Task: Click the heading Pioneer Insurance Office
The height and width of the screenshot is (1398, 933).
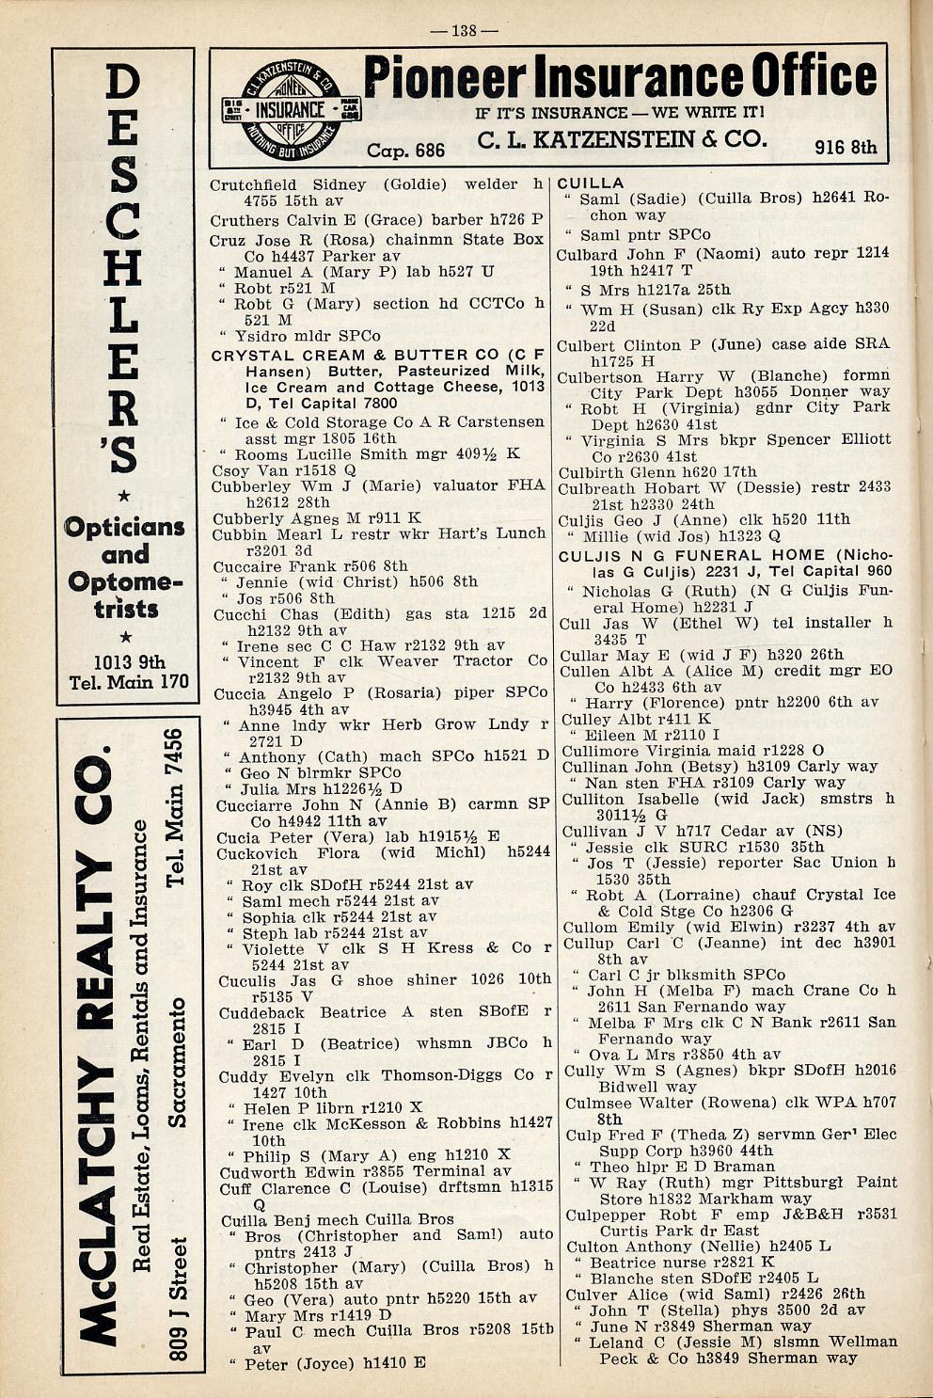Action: coord(620,76)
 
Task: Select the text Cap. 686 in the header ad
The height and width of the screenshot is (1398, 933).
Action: coord(405,151)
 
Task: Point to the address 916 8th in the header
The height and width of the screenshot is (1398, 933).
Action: coord(845,147)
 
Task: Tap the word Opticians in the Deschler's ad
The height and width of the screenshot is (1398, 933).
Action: coord(124,527)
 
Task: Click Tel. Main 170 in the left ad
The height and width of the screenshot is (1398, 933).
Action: coord(129,681)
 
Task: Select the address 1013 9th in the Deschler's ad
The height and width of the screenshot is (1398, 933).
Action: coord(129,660)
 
